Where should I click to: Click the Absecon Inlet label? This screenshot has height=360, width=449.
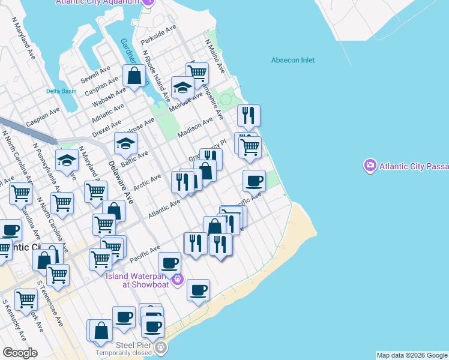[293, 60]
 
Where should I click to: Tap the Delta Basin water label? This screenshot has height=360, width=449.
[61, 91]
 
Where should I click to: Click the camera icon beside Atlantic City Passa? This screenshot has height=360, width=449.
[370, 164]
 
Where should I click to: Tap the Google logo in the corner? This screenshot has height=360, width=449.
[20, 353]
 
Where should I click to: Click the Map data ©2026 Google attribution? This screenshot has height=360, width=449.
[412, 355]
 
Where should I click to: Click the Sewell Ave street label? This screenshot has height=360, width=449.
[97, 73]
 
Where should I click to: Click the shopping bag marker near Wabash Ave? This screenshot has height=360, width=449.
[134, 76]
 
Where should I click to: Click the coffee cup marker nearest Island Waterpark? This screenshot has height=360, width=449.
[170, 262]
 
